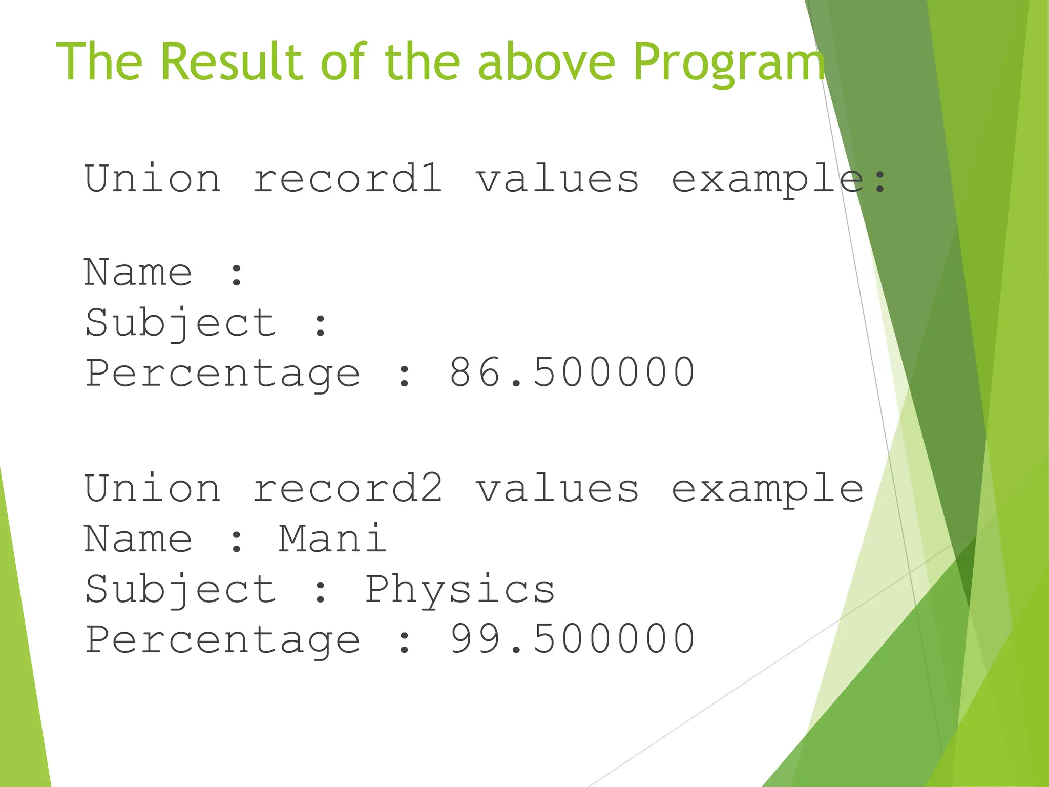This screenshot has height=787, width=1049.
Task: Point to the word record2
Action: [348, 488]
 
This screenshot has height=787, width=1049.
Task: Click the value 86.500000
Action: [572, 372]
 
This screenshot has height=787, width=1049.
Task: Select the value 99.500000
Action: [572, 639]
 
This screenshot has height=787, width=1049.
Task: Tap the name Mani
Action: [333, 539]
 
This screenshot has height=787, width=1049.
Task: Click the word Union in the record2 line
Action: [153, 488]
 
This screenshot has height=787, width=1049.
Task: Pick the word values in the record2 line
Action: [557, 488]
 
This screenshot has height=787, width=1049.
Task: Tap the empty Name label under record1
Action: [138, 272]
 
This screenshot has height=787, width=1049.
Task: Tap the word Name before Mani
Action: [138, 539]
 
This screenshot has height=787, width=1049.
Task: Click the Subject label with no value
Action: [180, 323]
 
